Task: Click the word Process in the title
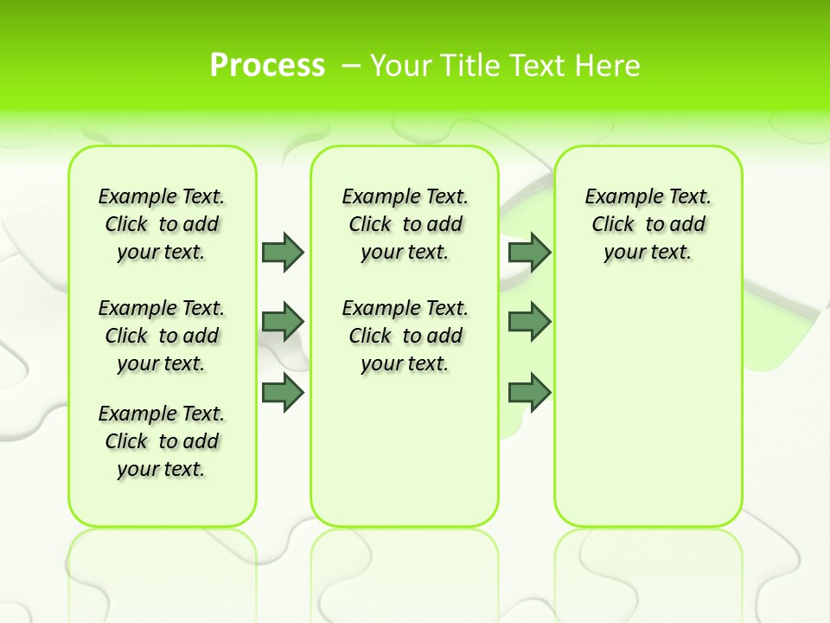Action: (x=267, y=65)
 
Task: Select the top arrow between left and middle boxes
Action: (x=283, y=252)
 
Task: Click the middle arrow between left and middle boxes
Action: (x=283, y=322)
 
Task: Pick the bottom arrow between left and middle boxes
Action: (x=283, y=392)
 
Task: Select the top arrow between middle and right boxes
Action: (x=529, y=252)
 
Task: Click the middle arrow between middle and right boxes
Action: (x=529, y=322)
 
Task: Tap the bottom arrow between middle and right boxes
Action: (x=529, y=392)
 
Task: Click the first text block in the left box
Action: (x=162, y=224)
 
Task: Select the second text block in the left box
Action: (x=162, y=336)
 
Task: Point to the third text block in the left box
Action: (x=162, y=441)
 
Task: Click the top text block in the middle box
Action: (x=405, y=224)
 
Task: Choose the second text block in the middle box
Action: (x=405, y=336)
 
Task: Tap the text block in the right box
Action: (x=648, y=224)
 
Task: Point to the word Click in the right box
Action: (x=613, y=225)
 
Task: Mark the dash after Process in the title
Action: (x=352, y=65)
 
